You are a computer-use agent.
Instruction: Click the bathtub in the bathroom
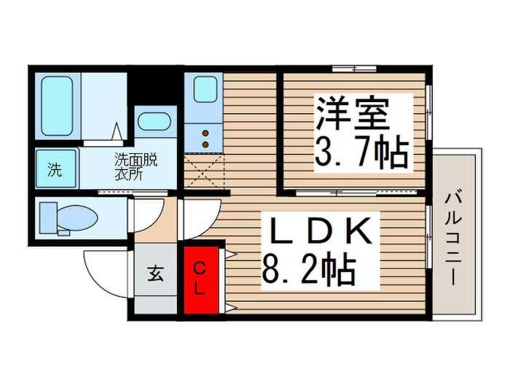coord(59,106)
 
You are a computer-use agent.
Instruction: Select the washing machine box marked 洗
coord(55,171)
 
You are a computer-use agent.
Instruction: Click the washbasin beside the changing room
coord(153,123)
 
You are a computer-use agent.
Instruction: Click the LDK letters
coord(322,232)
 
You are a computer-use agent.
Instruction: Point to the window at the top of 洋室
coord(354,69)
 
